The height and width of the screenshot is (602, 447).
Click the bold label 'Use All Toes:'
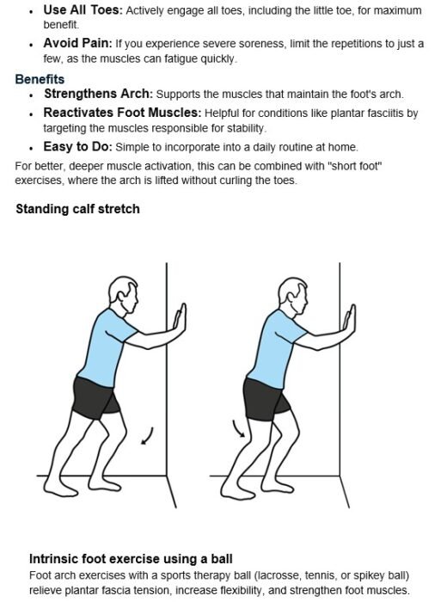(x=83, y=9)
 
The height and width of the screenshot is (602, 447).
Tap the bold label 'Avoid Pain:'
(x=78, y=43)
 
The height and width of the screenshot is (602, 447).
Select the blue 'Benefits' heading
(x=40, y=79)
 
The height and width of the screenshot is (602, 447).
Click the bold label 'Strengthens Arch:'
(x=98, y=94)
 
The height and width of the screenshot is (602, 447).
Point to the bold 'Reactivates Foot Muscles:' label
(x=122, y=113)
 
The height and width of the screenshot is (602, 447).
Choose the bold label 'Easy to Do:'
(x=78, y=147)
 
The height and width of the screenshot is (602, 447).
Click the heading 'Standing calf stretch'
(x=78, y=209)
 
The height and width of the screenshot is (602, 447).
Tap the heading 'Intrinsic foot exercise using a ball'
(x=131, y=559)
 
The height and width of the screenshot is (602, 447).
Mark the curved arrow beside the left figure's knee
(x=148, y=436)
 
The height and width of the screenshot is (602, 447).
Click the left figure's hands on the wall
(x=180, y=318)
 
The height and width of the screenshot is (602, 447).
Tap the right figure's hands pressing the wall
(x=350, y=319)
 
